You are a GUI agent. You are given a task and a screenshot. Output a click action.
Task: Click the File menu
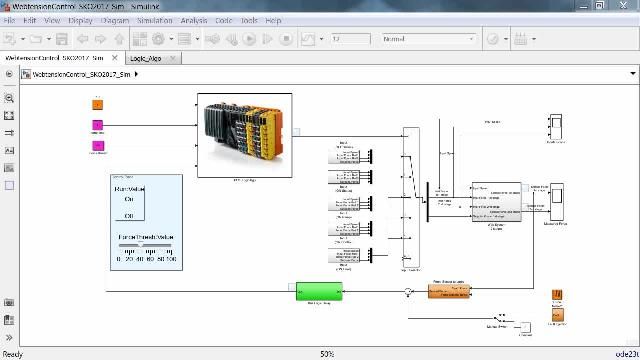(9, 20)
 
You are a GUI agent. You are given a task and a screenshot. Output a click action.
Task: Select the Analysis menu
(194, 20)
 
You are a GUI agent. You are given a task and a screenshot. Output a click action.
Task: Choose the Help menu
(273, 20)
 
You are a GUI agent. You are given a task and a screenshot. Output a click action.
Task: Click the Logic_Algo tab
(146, 58)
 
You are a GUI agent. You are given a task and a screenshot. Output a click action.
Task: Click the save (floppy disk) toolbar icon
(62, 39)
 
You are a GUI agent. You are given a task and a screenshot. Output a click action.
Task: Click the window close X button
(626, 6)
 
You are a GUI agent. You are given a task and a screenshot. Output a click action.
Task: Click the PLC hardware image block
(243, 135)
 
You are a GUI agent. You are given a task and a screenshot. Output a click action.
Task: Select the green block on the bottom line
(319, 291)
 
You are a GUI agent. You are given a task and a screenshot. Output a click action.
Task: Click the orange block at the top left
(98, 103)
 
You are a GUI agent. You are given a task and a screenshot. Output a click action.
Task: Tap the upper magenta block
(98, 127)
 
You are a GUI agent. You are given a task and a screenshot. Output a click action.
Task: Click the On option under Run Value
(130, 199)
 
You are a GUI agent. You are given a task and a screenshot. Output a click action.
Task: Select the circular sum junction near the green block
(407, 292)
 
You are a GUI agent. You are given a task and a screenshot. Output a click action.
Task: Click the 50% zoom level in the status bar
(326, 354)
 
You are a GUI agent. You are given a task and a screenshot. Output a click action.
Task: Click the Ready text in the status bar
(12, 354)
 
